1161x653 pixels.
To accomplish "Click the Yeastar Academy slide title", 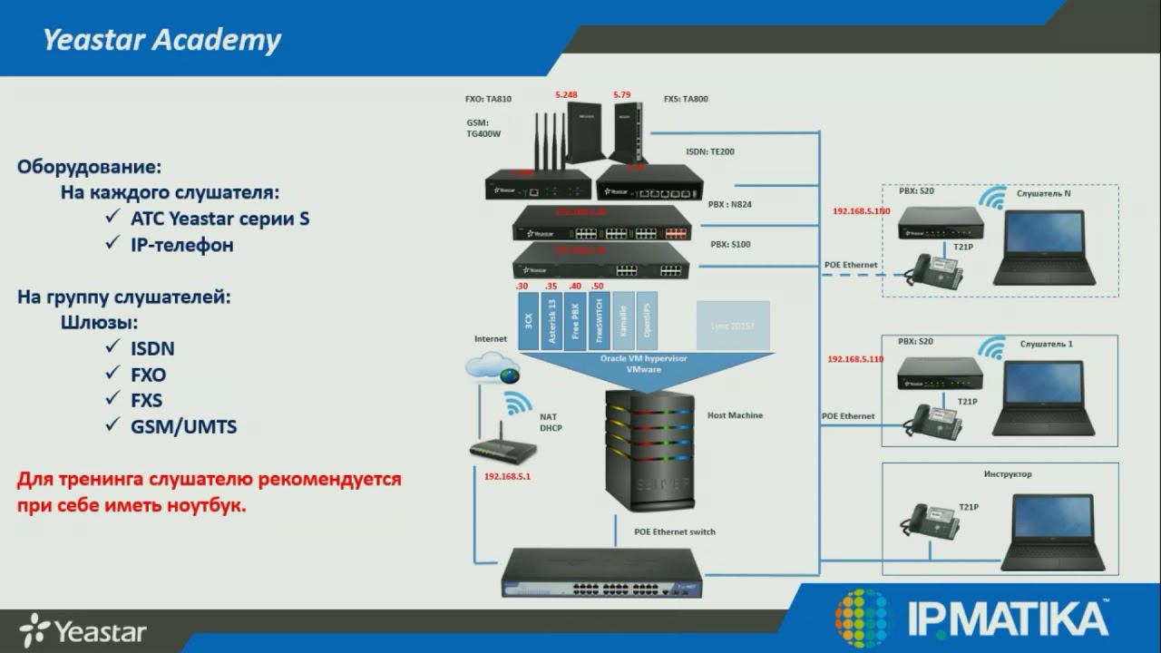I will [162, 41].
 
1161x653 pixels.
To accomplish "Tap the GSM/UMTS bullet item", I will [184, 426].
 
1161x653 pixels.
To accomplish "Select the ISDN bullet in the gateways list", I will [152, 349].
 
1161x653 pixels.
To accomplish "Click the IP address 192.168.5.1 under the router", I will [507, 476].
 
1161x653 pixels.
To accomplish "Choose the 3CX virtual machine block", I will [527, 319].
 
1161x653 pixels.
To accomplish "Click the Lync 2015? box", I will [733, 324].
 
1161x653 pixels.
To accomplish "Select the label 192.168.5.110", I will [854, 359].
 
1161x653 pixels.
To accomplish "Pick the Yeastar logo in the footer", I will [83, 629].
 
